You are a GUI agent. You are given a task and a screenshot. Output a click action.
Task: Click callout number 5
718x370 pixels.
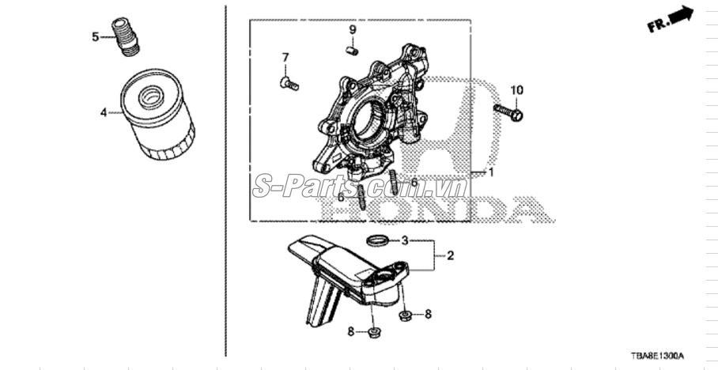point(95,36)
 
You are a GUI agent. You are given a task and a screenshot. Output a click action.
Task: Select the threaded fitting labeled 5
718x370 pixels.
point(125,36)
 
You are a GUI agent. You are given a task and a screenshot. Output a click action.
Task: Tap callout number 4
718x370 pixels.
point(104,112)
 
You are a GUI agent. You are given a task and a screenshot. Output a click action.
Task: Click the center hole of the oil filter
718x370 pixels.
point(152,97)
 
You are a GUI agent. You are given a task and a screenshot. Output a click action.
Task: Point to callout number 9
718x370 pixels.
point(353,30)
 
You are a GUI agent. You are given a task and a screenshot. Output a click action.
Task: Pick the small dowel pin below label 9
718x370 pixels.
point(352,51)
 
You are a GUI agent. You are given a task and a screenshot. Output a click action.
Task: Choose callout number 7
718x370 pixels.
point(285,58)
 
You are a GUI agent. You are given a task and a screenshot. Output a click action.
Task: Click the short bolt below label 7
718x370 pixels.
point(289,84)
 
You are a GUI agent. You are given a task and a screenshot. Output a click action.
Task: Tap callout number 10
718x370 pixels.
point(516,90)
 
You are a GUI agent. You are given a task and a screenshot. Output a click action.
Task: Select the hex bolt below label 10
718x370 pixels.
point(508,112)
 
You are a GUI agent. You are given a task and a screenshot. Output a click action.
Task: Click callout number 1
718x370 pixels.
point(491,172)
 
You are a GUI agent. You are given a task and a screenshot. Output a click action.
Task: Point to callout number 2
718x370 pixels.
point(450,255)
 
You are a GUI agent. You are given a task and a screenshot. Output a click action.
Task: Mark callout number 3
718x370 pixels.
point(405,240)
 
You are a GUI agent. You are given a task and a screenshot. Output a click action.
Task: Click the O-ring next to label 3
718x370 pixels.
point(379,240)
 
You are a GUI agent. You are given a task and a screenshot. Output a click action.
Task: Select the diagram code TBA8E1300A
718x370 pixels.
point(657,356)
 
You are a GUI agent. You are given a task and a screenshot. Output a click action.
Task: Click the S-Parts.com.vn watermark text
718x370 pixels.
point(360,186)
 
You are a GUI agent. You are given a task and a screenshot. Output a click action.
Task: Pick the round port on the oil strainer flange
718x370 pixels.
point(384,277)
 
